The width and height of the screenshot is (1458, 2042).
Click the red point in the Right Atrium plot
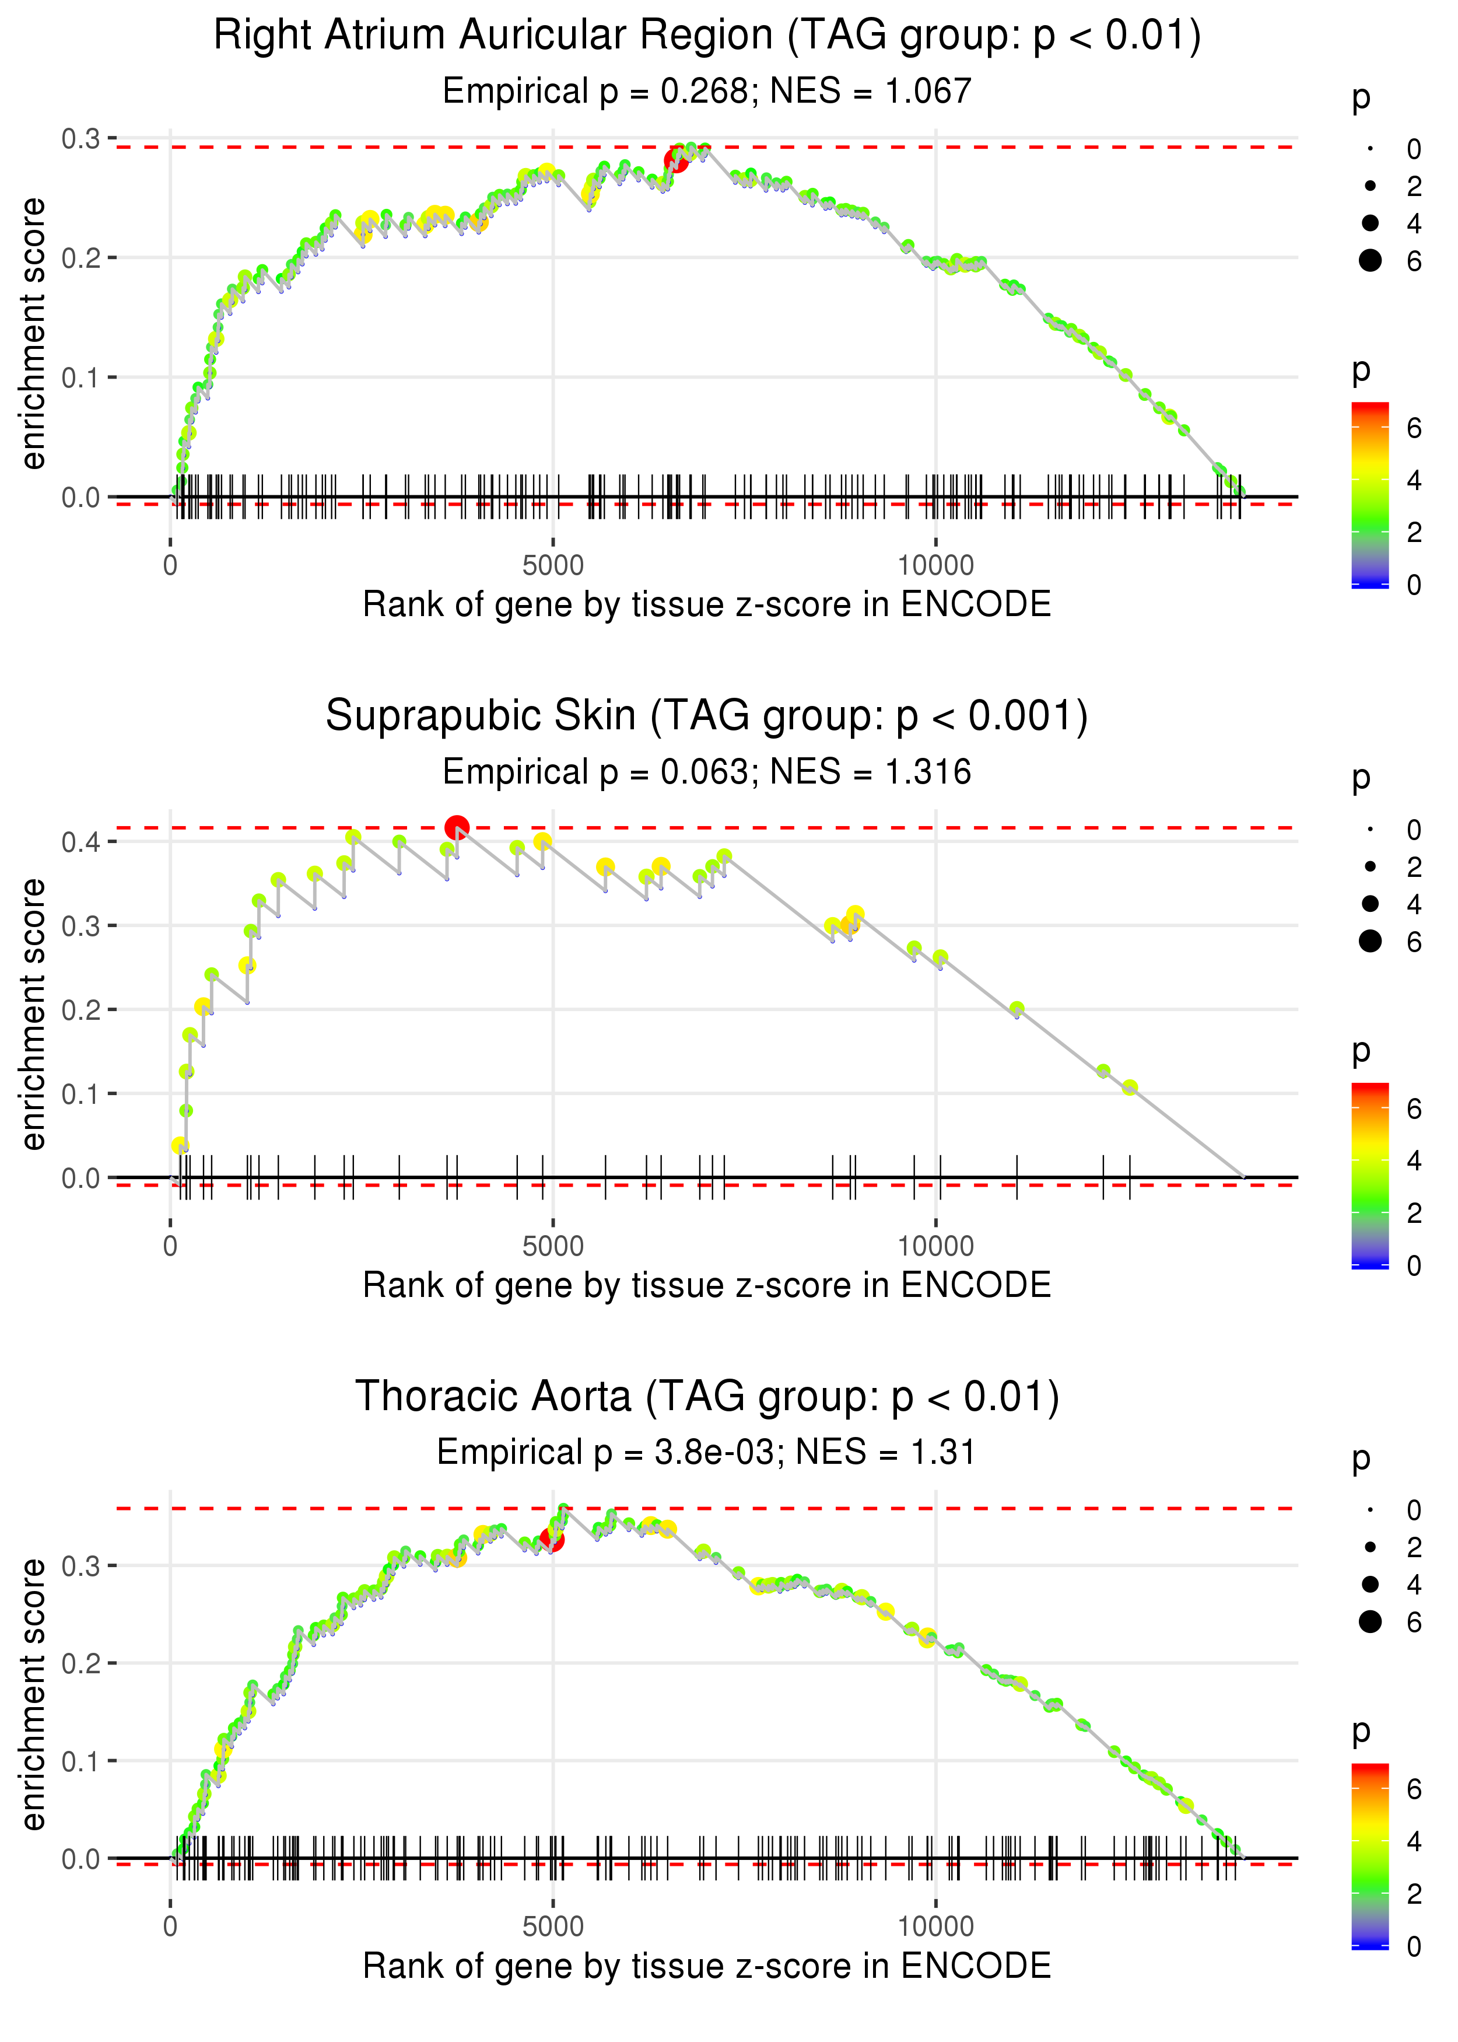(676, 161)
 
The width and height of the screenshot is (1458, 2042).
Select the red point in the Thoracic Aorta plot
(552, 1539)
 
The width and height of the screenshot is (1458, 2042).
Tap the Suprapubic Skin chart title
(707, 716)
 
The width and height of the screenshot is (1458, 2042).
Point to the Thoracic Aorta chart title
(707, 1396)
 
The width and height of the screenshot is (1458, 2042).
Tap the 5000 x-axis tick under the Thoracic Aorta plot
(553, 1926)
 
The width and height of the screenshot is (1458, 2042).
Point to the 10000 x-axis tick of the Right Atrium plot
(935, 566)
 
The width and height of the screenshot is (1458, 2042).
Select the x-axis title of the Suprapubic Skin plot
(707, 1286)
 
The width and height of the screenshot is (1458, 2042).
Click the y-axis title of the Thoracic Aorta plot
(33, 1694)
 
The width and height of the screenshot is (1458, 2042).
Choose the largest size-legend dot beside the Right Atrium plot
(1370, 260)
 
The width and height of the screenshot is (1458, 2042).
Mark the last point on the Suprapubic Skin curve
(1130, 1088)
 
